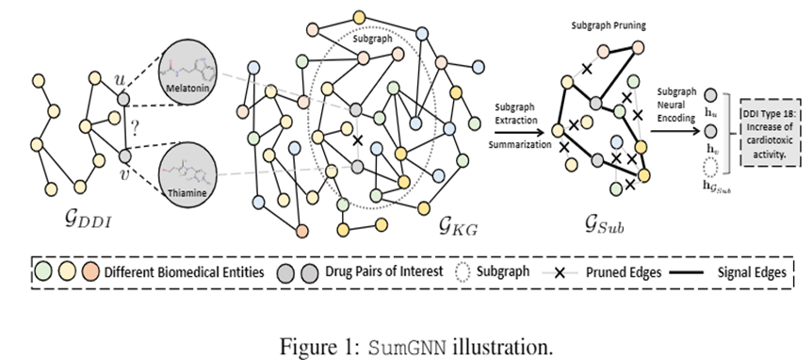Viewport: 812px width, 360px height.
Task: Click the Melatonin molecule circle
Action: click(191, 73)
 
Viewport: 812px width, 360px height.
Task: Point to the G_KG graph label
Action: click(457, 223)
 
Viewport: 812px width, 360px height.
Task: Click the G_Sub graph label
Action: click(604, 224)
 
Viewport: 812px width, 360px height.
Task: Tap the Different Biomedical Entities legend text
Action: click(191, 272)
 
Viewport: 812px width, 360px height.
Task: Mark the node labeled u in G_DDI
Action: click(122, 98)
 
